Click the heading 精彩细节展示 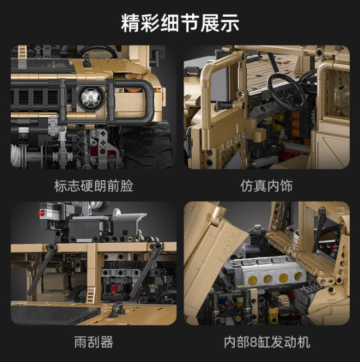click(x=180, y=24)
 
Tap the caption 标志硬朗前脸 click(x=93, y=186)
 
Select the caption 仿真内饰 click(x=266, y=186)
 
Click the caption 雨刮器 click(x=93, y=342)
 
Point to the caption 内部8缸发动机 click(x=266, y=342)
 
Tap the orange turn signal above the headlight click(x=133, y=77)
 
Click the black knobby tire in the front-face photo click(x=147, y=147)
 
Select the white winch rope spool click(x=18, y=155)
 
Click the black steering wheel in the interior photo click(x=287, y=91)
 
